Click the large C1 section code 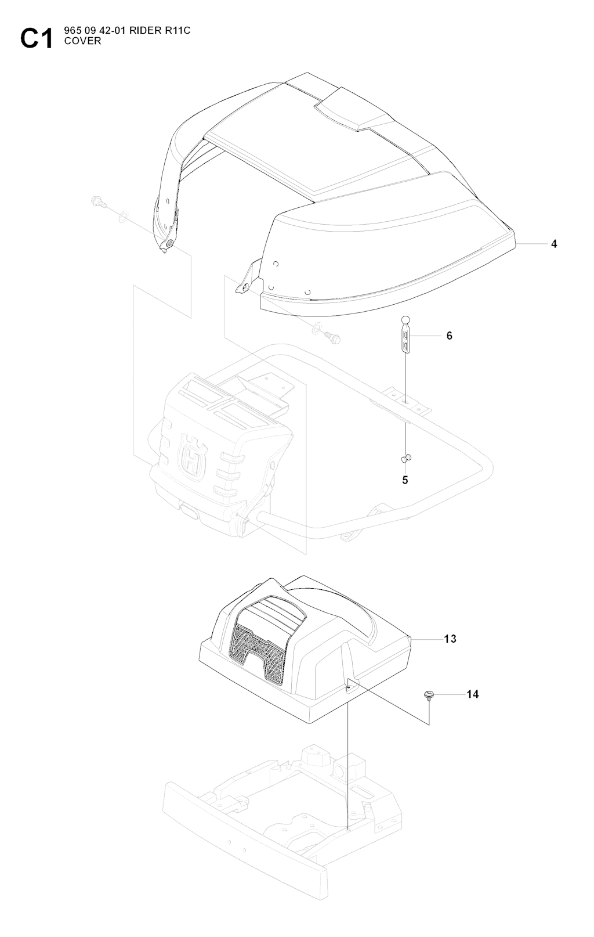[x=37, y=38]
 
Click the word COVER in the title [x=83, y=41]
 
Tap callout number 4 [x=554, y=244]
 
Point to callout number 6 [x=450, y=336]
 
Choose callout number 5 [x=405, y=480]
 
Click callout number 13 [x=450, y=639]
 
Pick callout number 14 [x=472, y=694]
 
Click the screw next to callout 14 [x=429, y=695]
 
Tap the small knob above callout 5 [x=406, y=459]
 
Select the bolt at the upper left [x=97, y=203]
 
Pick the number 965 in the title [x=72, y=31]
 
